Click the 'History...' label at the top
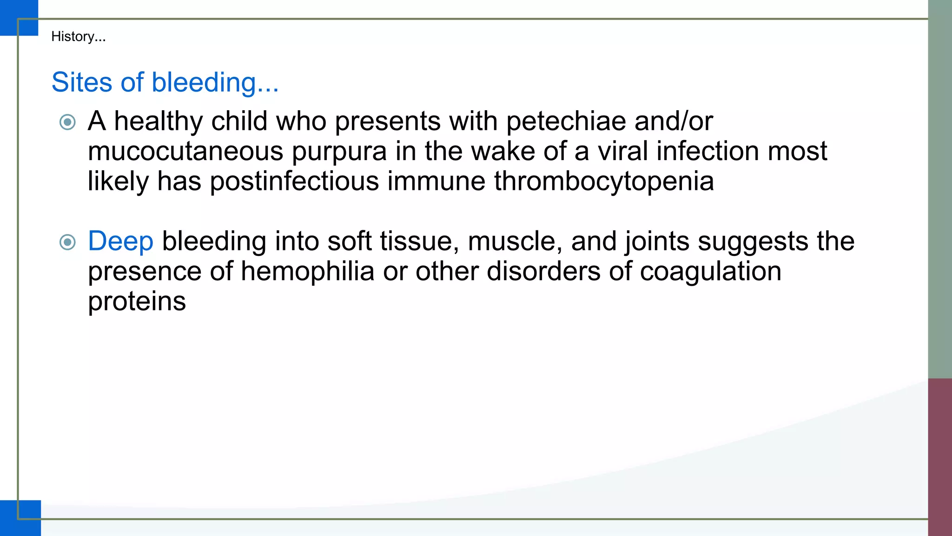pos(78,36)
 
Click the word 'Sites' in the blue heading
pos(82,82)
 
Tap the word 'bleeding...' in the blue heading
pos(215,82)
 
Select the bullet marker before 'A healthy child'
pos(68,122)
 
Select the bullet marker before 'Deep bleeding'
pos(68,242)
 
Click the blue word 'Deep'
pos(120,241)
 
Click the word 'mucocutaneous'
pos(185,151)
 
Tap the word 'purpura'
pos(339,151)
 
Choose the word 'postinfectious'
pos(294,181)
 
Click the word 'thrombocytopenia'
pos(603,181)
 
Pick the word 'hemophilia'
pos(307,271)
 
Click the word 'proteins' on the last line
pos(137,301)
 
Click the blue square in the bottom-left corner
pos(20,518)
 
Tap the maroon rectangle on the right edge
pos(940,456)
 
